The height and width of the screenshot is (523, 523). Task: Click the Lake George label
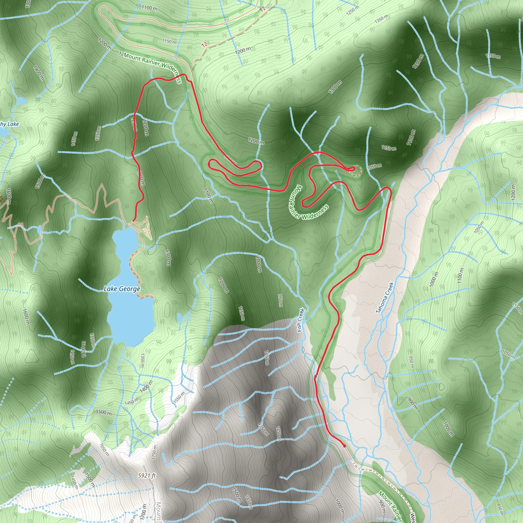(122, 289)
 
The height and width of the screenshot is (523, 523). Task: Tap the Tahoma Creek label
(385, 298)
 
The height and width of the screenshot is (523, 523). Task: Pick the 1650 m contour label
(104, 450)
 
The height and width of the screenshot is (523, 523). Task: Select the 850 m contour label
(501, 509)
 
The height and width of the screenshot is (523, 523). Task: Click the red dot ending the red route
(344, 446)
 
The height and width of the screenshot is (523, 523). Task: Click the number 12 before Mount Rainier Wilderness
(121, 54)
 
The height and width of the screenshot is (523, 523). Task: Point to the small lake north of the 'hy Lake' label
(21, 101)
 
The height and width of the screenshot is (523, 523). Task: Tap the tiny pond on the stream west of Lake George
(40, 230)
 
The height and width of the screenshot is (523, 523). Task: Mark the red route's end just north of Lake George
(134, 221)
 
